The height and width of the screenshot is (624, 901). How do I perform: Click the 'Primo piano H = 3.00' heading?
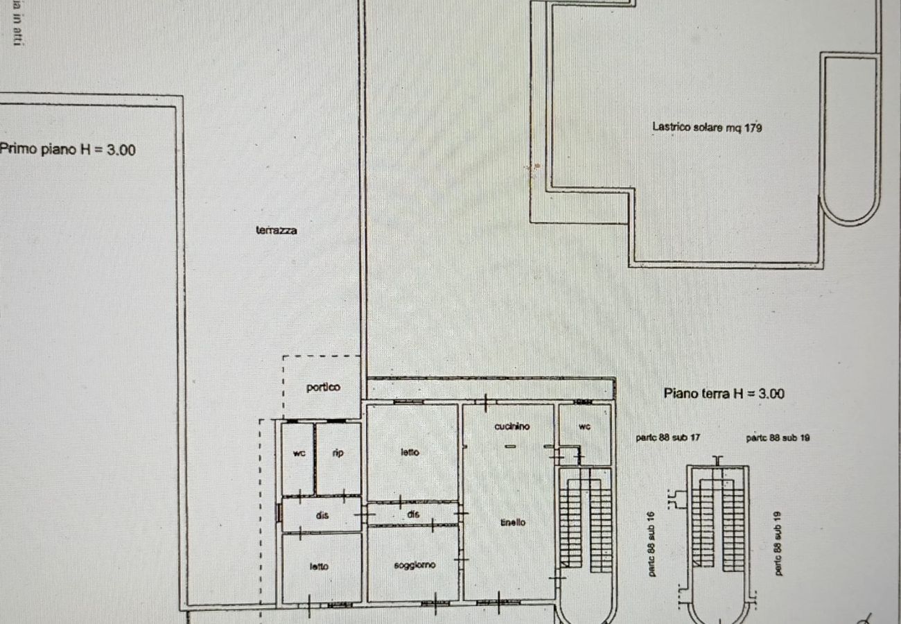click(68, 149)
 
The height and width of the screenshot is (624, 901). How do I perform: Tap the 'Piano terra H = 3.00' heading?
click(724, 393)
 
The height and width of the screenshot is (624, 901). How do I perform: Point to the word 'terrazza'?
click(277, 231)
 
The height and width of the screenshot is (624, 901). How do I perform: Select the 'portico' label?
click(323, 388)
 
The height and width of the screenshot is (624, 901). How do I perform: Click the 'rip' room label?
click(338, 453)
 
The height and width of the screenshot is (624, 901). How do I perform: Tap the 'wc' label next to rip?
click(299, 453)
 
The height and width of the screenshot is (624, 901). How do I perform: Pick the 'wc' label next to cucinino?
click(584, 427)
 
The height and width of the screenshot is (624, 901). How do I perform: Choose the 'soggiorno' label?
click(414, 565)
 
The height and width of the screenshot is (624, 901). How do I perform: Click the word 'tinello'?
click(513, 523)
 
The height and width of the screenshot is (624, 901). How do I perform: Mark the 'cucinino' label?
click(512, 427)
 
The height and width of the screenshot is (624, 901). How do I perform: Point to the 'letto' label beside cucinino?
click(410, 452)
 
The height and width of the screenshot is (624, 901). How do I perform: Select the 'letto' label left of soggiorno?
click(320, 566)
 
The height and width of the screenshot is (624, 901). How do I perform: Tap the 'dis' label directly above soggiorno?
click(413, 514)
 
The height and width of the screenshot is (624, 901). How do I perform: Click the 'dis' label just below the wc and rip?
click(322, 516)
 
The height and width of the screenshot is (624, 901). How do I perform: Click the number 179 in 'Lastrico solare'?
click(753, 128)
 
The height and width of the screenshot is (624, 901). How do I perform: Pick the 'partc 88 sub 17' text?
click(667, 438)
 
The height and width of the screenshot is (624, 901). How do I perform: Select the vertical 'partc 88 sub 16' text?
click(652, 548)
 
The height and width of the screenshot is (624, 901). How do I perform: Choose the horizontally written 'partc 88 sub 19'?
click(778, 438)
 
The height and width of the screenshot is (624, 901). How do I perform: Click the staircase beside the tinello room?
click(586, 520)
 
